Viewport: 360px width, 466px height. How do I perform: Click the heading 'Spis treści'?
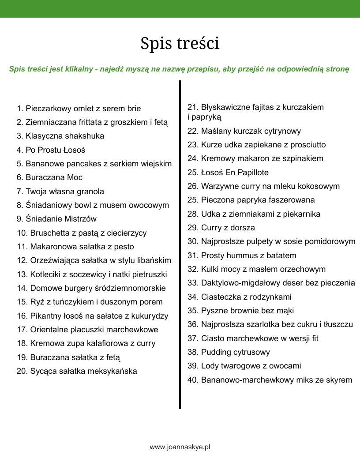tap(180, 43)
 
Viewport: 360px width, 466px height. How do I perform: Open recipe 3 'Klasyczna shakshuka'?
tap(60, 136)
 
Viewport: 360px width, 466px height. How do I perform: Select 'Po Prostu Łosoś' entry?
tap(51, 150)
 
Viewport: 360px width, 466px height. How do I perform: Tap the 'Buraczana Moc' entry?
tap(49, 177)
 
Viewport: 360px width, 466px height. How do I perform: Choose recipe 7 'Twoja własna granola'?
tap(60, 192)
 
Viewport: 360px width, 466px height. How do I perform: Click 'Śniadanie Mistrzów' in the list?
tap(56, 219)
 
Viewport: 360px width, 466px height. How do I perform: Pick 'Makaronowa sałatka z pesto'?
tap(75, 247)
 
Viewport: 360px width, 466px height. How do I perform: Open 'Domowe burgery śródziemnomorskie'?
tap(91, 288)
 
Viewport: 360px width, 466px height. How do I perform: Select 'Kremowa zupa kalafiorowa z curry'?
tap(86, 343)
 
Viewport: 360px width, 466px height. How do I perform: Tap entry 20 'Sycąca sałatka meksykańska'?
tap(77, 371)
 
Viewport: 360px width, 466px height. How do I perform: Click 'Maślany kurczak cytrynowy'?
tap(244, 131)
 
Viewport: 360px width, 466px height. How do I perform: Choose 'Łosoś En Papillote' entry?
tap(228, 173)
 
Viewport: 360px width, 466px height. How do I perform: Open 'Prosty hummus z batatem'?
tap(242, 256)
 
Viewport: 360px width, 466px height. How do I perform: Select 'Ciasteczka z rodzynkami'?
tap(240, 297)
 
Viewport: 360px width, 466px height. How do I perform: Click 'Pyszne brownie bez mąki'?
tap(241, 311)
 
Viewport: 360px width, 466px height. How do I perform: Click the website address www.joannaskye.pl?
tap(180, 447)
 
